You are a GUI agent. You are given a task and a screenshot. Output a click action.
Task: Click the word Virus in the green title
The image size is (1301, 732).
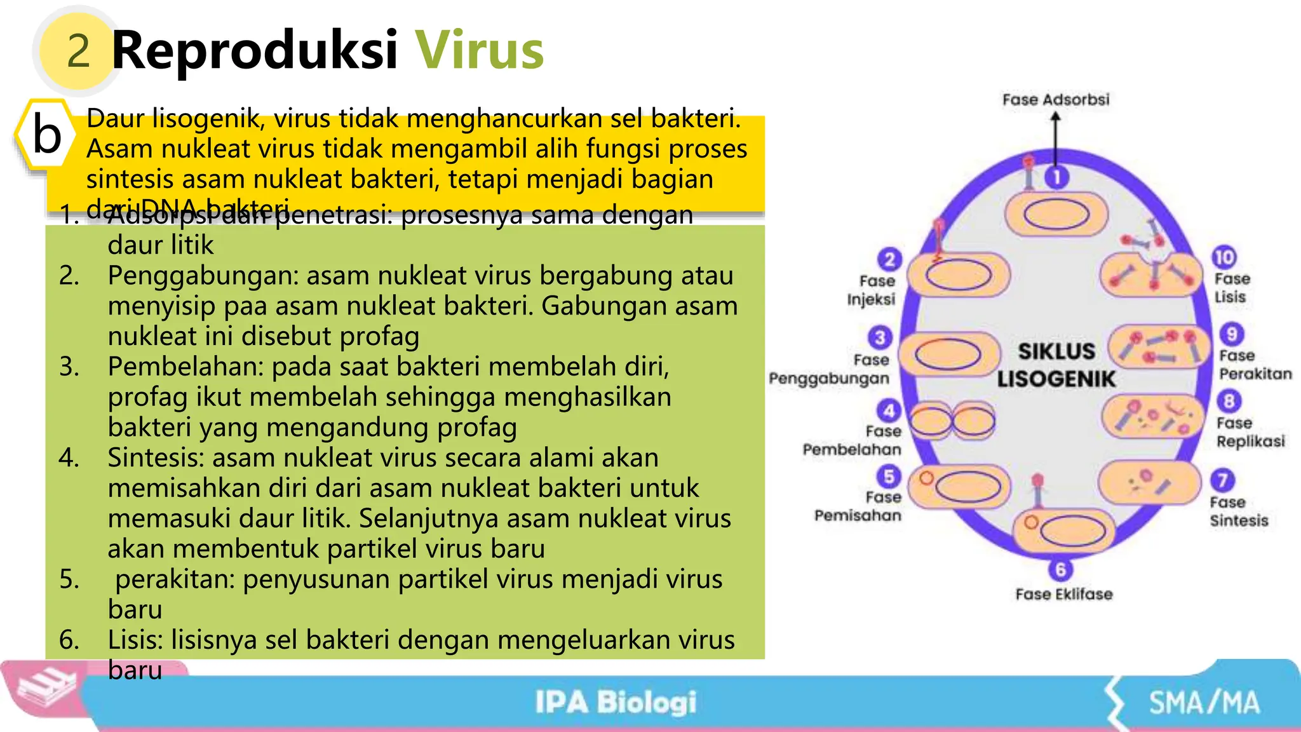point(480,50)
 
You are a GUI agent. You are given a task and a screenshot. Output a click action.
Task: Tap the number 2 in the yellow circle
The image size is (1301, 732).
point(78,51)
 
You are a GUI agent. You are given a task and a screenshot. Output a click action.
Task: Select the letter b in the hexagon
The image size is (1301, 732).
point(47,134)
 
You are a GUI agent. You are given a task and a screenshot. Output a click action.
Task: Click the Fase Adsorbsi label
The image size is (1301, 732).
point(1056,100)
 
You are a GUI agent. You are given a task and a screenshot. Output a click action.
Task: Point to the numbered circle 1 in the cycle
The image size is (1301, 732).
point(1057,177)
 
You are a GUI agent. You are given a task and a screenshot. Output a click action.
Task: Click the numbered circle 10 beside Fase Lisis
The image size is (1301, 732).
point(1224,257)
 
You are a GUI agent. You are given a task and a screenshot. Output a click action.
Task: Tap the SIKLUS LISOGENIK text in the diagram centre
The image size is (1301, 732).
point(1056,365)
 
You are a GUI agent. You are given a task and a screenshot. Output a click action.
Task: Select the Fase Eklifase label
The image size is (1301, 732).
point(1063,594)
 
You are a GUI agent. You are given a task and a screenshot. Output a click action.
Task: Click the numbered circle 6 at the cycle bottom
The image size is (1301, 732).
point(1060,569)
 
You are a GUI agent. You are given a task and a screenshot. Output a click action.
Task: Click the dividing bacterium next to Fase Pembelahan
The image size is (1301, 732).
point(953,421)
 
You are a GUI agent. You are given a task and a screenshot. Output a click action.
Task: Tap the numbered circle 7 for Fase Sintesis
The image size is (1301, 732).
point(1222,480)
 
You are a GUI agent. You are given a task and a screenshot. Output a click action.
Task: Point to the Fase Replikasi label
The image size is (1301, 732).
point(1250,432)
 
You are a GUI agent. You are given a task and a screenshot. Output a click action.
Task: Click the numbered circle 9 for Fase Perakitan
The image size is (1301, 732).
point(1231,334)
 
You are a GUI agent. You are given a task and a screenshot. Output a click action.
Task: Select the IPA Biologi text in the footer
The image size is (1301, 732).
point(615,702)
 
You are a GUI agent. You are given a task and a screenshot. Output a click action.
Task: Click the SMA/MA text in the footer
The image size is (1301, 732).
point(1204,703)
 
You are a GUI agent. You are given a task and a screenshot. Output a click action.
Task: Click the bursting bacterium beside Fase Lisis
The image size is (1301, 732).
point(1150,274)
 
